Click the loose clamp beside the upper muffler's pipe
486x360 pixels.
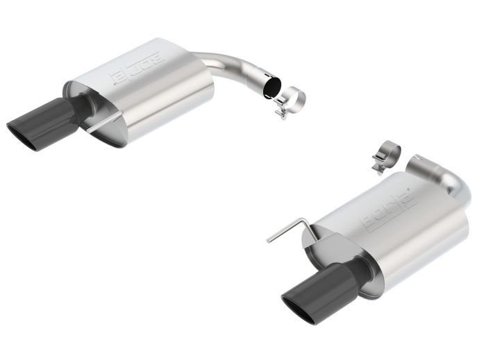(290, 101)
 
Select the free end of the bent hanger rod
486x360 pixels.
(269, 241)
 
